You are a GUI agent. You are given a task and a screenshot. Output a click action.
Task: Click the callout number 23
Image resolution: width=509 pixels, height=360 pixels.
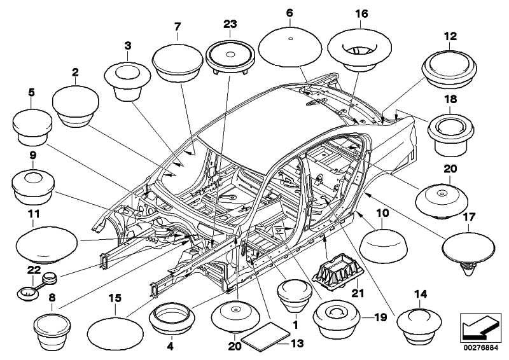coord(230,24)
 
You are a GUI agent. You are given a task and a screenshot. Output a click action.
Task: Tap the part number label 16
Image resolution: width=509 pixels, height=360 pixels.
coord(361,12)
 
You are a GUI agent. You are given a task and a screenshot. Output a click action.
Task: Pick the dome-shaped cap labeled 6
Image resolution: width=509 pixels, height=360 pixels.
coord(290,45)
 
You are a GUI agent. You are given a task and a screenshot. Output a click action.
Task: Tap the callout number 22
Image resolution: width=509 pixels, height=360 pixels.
coord(29,270)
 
